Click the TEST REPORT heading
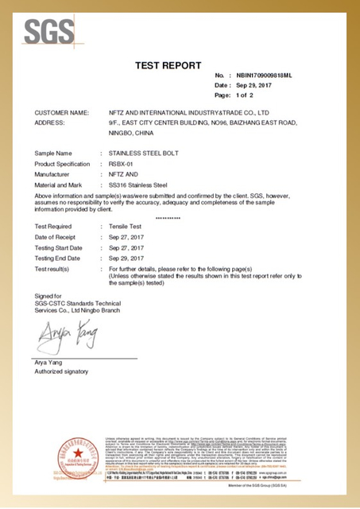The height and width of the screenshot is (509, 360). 168,65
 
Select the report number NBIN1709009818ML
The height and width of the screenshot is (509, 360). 259,75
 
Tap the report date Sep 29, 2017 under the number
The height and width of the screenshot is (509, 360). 244,84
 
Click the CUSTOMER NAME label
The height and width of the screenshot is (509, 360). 62,113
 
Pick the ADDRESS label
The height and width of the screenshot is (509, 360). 52,123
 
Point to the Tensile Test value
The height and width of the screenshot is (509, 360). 127,227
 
